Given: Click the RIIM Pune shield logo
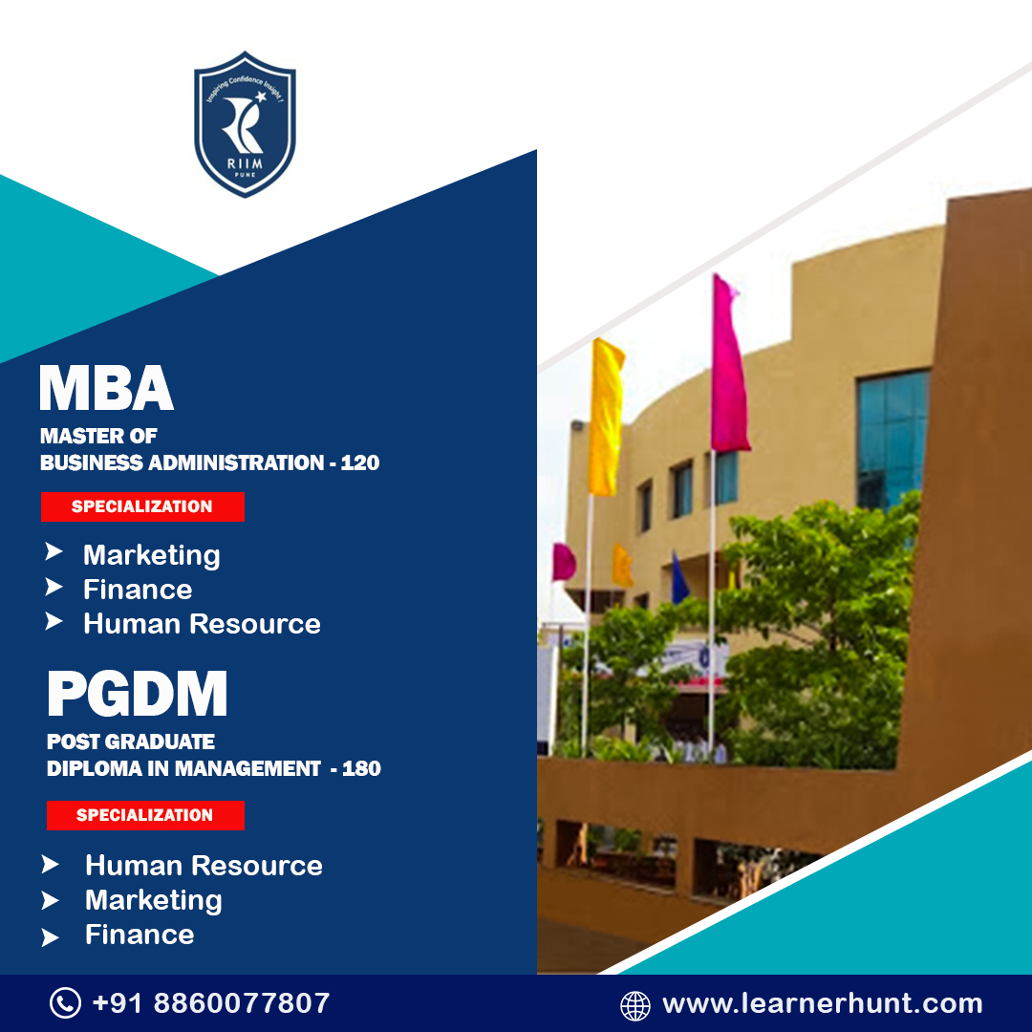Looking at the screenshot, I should pyautogui.click(x=245, y=124).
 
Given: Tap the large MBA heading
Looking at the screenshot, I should pyautogui.click(x=106, y=388).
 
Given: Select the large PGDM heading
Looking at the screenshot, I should pyautogui.click(x=138, y=695).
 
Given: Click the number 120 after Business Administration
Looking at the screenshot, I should pyautogui.click(x=360, y=463).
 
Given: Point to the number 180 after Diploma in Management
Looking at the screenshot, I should pyautogui.click(x=361, y=768).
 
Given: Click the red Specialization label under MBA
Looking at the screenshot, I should pyautogui.click(x=142, y=506).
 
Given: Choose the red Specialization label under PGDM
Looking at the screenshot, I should pyautogui.click(x=145, y=815).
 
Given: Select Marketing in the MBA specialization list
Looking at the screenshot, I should pyautogui.click(x=151, y=555).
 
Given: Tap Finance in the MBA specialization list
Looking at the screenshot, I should pyautogui.click(x=138, y=590).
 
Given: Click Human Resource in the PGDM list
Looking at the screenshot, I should pyautogui.click(x=204, y=866).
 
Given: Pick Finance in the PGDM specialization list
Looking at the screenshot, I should pyautogui.click(x=140, y=935).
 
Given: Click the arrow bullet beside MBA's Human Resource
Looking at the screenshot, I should pyautogui.click(x=54, y=623).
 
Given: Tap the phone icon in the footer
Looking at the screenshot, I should pyautogui.click(x=65, y=1003).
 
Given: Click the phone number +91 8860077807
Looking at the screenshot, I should pyautogui.click(x=211, y=1003).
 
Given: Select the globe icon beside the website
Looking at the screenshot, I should pyautogui.click(x=635, y=1005).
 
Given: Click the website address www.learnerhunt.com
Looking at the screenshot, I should pyautogui.click(x=822, y=1004).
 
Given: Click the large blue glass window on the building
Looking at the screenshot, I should pyautogui.click(x=892, y=437).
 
